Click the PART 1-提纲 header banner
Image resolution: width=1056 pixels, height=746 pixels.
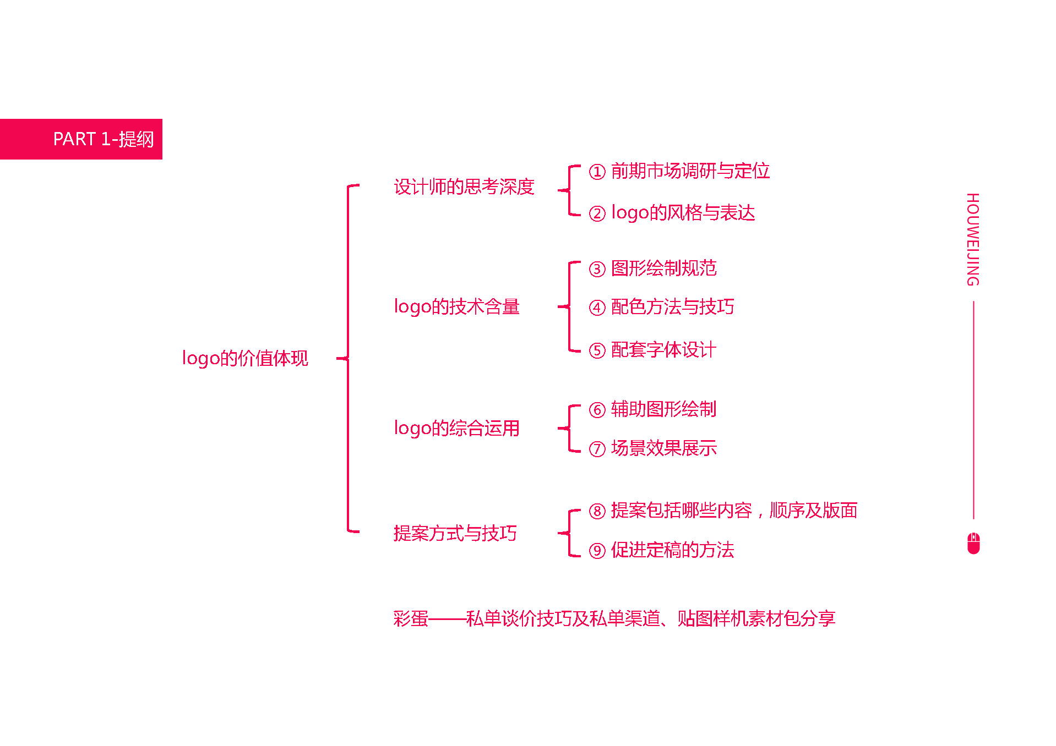(81, 139)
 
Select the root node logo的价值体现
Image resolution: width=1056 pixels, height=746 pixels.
(245, 358)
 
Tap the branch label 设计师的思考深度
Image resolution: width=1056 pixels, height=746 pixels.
(464, 187)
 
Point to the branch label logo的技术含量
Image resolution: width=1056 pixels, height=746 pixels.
(457, 306)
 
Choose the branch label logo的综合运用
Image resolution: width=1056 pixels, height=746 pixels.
(457, 428)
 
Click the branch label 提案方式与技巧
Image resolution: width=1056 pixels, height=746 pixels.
(455, 533)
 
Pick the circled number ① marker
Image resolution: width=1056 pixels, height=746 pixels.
(597, 172)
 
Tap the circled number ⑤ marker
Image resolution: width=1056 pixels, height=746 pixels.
(597, 350)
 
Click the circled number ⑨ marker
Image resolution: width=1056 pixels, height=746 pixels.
(597, 550)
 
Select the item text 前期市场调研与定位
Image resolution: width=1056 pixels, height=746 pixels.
(690, 171)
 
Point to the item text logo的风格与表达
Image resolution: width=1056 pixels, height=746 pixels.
(683, 213)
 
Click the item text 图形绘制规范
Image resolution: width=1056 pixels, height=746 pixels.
(664, 268)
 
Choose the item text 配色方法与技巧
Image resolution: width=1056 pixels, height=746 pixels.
(673, 307)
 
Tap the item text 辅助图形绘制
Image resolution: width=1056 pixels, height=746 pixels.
(664, 409)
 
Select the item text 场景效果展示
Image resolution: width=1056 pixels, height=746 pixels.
(664, 448)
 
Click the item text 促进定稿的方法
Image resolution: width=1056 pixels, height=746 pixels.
(673, 550)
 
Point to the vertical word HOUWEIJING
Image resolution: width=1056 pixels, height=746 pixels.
(973, 239)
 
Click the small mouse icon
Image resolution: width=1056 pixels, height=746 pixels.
(973, 543)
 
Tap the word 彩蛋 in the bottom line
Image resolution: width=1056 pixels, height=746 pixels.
(411, 619)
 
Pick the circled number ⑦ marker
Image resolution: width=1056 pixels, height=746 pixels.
(597, 449)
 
